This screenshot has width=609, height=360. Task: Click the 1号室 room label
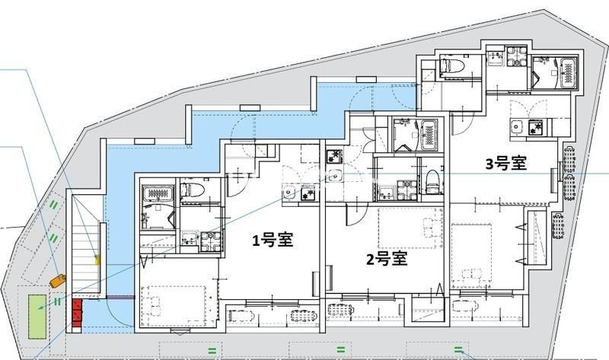click(x=273, y=240)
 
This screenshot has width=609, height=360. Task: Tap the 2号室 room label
click(x=387, y=259)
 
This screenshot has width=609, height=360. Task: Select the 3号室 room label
click(x=506, y=164)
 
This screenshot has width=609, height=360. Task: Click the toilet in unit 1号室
click(x=193, y=190)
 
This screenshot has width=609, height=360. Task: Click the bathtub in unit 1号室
click(x=157, y=193)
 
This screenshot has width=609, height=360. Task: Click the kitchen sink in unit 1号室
click(x=289, y=193)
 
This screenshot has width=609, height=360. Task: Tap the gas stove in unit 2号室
click(x=333, y=156)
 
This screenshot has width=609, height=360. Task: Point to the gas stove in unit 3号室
click(x=537, y=126)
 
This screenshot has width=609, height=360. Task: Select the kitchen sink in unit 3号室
click(x=518, y=126)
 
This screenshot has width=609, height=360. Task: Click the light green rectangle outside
click(x=37, y=317)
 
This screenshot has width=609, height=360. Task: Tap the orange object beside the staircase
click(x=58, y=281)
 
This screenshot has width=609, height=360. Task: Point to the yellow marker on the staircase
click(x=98, y=259)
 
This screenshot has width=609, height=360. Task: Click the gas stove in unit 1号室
click(x=308, y=193)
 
